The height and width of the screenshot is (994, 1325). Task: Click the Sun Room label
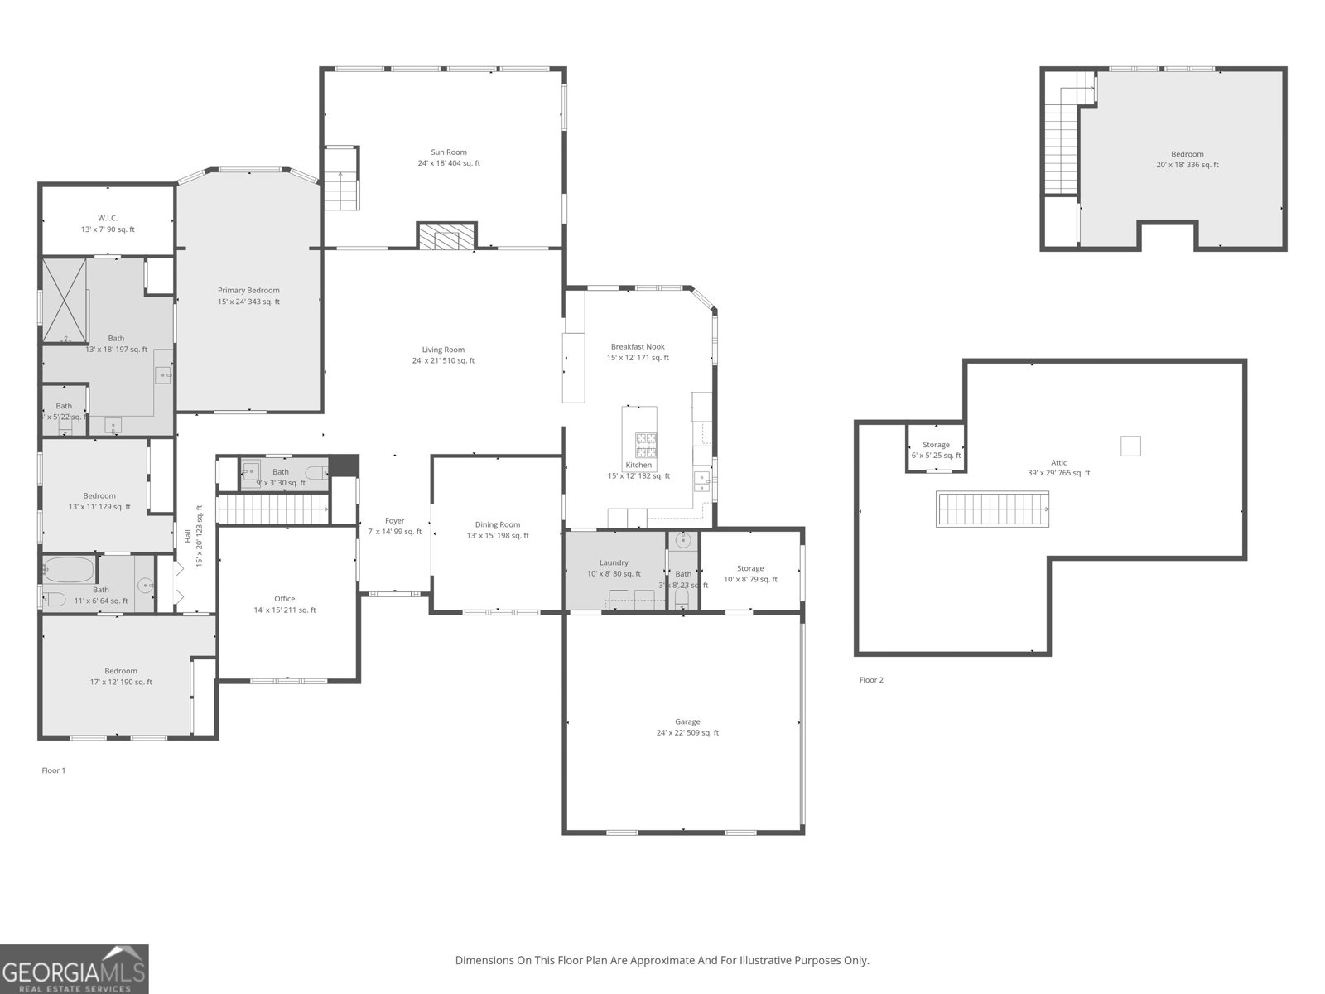coord(448,152)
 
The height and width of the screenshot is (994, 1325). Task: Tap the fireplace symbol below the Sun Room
coord(447,236)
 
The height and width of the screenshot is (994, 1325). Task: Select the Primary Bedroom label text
coord(248,291)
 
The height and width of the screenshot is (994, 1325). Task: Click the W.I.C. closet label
coord(108,219)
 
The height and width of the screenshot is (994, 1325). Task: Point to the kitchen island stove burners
coord(646,445)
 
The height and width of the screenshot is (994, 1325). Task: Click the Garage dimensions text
coord(687,733)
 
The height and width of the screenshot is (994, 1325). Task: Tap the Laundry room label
coord(614,562)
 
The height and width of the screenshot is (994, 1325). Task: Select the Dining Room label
coord(498,524)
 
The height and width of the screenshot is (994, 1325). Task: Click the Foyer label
coord(395,521)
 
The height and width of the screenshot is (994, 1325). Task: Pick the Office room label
coord(284,599)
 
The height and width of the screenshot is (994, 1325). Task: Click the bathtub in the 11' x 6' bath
coord(68,569)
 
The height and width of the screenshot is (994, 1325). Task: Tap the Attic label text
coord(1058,463)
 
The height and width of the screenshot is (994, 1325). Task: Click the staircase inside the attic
coord(993,509)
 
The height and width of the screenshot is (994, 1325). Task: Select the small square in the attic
coord(1130,446)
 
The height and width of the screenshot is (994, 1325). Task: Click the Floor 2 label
coord(871,680)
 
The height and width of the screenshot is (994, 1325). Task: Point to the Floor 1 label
coord(54,770)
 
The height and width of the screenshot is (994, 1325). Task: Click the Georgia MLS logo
coord(75,968)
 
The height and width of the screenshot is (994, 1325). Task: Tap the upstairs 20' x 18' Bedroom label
coord(1187,154)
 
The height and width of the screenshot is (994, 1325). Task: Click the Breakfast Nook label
coord(638,347)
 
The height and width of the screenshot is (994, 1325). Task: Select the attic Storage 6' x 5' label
coord(936,445)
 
